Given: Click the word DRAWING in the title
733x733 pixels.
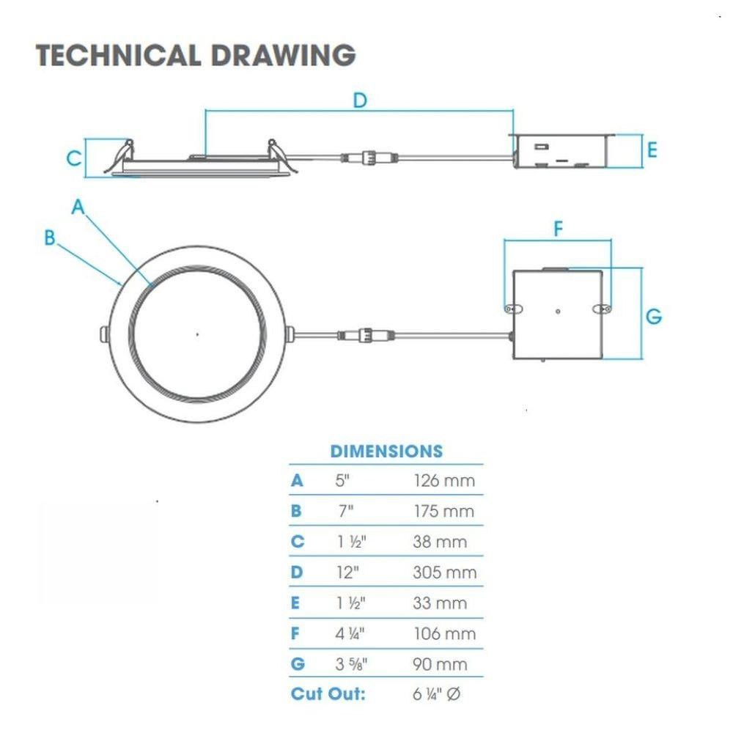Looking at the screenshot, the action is (x=283, y=55).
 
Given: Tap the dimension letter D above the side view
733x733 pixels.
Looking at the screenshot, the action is (x=360, y=100).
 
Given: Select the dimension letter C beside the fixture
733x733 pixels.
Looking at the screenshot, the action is (x=74, y=158).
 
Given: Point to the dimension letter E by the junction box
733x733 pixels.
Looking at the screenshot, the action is (x=652, y=150).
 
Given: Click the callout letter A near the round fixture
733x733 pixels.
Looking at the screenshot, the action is (x=78, y=207).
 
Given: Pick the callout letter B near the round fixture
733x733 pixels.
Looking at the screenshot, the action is (x=50, y=237).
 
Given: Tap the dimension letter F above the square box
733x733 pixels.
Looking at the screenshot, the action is (x=558, y=229).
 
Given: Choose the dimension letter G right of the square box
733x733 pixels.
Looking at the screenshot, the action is (x=654, y=317).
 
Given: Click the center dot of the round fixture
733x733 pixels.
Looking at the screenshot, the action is (x=197, y=334).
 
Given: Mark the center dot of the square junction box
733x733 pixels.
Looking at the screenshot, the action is (x=558, y=312).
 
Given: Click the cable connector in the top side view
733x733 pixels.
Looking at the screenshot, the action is (x=369, y=157).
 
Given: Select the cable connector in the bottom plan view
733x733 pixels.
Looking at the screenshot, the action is (x=366, y=335).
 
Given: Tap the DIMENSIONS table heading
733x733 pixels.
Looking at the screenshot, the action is (x=386, y=451).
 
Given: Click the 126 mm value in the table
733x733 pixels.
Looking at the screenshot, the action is (x=444, y=481).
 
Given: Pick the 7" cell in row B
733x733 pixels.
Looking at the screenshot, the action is (x=346, y=511).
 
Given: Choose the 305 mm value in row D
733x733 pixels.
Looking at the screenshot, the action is (x=445, y=572).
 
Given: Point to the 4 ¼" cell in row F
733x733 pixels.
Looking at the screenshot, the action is (x=350, y=633).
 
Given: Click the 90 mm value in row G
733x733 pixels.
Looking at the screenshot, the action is (x=440, y=664).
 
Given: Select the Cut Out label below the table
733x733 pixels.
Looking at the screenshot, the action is (x=328, y=693).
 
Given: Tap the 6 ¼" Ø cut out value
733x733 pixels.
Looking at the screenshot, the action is (x=437, y=694).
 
